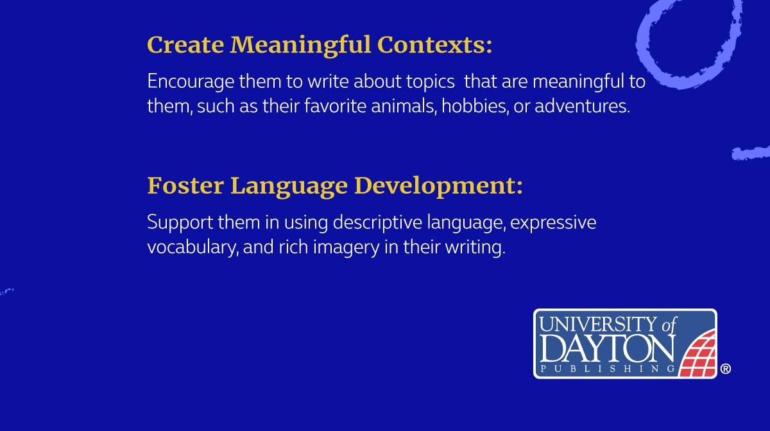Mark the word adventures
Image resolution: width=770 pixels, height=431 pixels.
tap(581, 106)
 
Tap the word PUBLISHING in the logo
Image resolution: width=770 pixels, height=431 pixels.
tap(606, 369)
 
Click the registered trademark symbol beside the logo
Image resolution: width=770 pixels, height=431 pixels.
tap(726, 369)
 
